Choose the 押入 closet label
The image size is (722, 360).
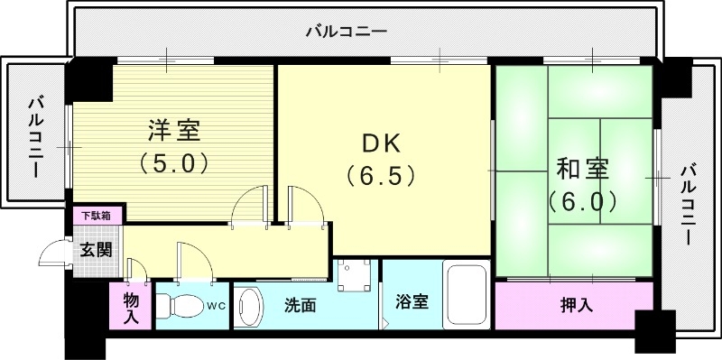coord(572,306)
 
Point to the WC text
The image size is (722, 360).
coord(218,305)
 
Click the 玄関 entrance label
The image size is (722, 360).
coord(97,250)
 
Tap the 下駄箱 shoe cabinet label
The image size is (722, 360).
coord(97,216)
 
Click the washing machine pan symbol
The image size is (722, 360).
coord(354,274)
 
